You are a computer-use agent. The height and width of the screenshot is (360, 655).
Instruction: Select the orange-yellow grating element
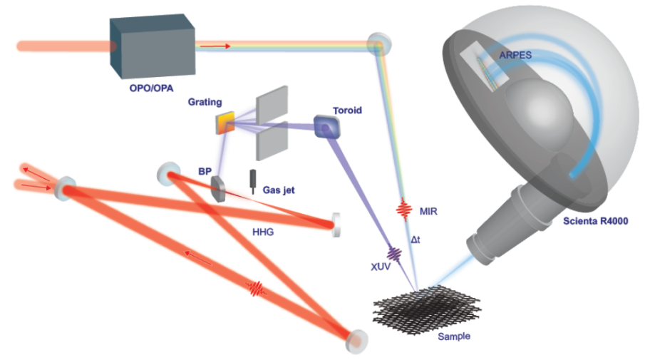225,123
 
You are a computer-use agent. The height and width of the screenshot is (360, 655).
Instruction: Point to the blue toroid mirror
327,127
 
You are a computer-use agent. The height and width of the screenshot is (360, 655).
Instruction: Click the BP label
203,171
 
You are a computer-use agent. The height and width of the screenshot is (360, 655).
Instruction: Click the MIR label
428,212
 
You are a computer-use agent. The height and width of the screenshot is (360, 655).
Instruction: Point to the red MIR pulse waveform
403,210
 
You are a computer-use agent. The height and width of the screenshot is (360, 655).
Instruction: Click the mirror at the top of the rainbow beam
376,45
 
